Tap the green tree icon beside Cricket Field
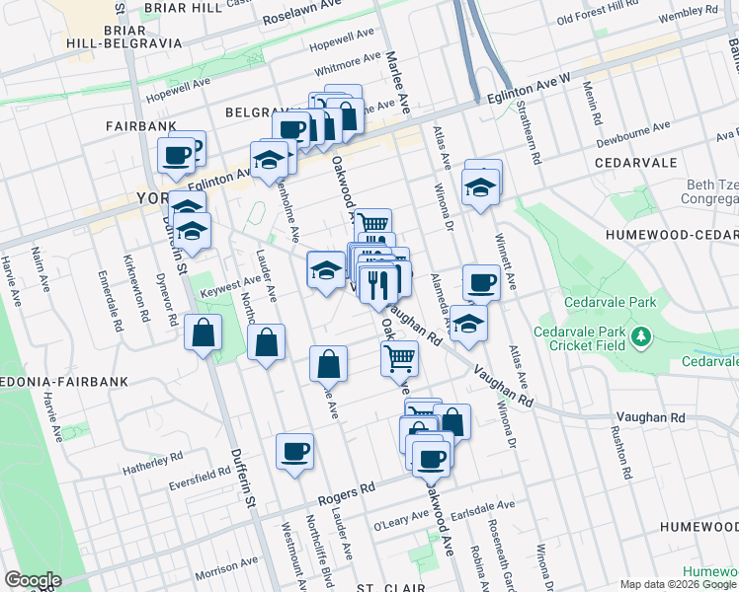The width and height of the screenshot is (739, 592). pos(642,337)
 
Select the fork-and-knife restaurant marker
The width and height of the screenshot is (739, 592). pos(377,285)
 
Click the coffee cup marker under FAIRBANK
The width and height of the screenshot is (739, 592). pos(177,156)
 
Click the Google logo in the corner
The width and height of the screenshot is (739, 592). pos(33,580)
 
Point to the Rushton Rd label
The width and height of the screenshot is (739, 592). pos(622,448)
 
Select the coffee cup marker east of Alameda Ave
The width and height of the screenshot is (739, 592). pos(481,283)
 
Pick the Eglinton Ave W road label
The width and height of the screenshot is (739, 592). pos(530,90)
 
